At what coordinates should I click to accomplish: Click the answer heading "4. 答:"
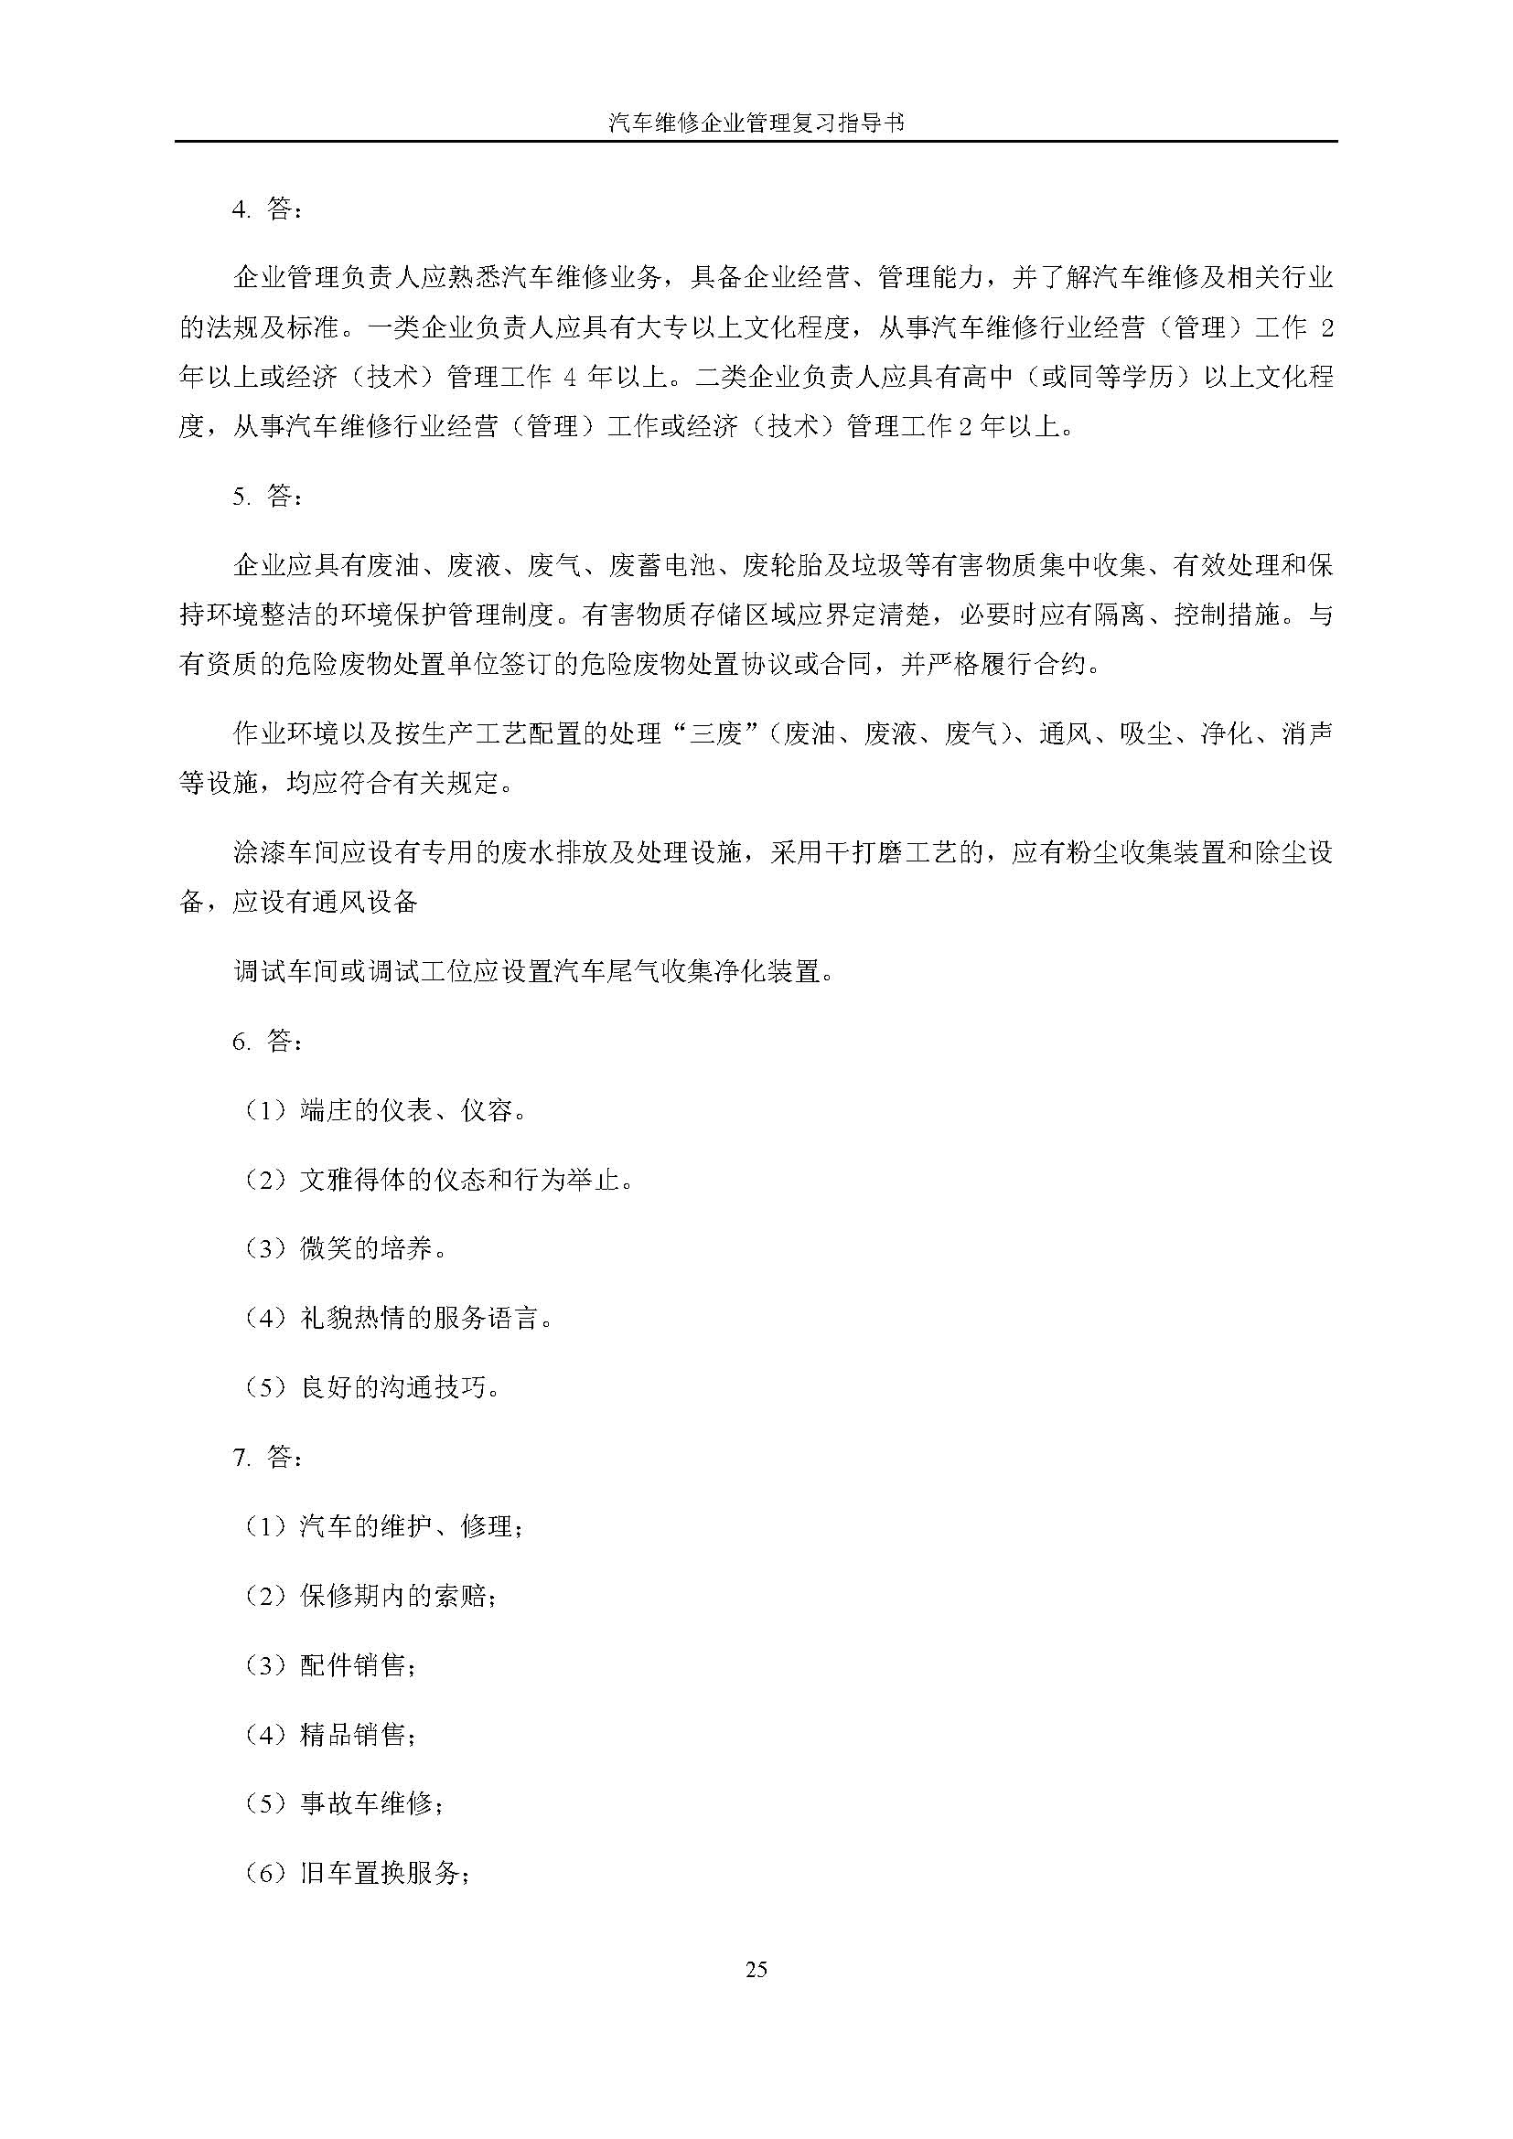[x=266, y=210]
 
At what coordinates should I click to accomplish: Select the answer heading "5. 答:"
[x=266, y=497]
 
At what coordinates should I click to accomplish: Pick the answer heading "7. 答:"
[x=266, y=1457]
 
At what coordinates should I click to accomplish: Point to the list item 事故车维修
[x=345, y=1804]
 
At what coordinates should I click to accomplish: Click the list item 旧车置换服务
[x=358, y=1874]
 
